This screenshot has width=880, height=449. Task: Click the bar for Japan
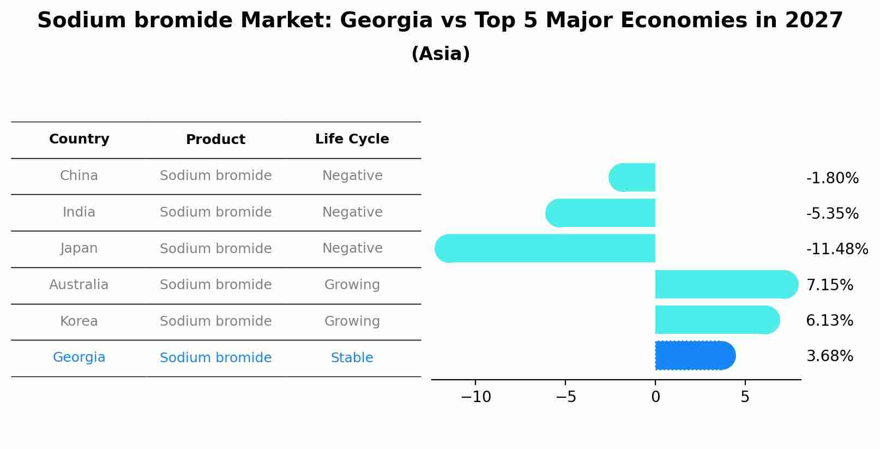(545, 248)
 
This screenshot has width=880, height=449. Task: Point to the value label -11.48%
(837, 249)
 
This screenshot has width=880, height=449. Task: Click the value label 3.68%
(829, 356)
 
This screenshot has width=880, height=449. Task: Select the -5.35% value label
(832, 214)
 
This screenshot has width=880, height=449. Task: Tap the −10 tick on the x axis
(475, 397)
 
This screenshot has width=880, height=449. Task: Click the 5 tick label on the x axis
(745, 397)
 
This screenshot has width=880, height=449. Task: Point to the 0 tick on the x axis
(655, 397)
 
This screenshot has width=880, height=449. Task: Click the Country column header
(79, 139)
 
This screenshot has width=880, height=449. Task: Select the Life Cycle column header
(352, 139)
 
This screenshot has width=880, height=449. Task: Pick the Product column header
(215, 140)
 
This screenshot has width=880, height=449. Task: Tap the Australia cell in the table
(79, 285)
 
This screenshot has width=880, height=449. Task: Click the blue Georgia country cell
(79, 357)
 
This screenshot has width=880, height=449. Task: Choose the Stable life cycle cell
(352, 358)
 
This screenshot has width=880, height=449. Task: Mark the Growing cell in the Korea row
(352, 321)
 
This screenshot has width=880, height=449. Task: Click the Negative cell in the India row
(352, 212)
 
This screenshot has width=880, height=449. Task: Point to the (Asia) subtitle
(440, 54)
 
